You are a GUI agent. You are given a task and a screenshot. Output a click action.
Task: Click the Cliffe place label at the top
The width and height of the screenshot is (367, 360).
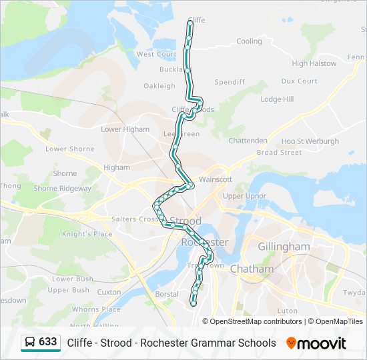(x=196, y=20)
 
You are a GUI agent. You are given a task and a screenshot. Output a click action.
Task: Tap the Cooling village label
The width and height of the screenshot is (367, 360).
(x=249, y=41)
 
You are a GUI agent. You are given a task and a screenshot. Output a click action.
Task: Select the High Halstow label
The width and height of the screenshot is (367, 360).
(x=314, y=64)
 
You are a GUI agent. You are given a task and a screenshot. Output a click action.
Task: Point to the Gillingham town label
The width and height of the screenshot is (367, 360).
(x=284, y=247)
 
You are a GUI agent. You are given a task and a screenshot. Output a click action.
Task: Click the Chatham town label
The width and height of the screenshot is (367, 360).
(x=252, y=269)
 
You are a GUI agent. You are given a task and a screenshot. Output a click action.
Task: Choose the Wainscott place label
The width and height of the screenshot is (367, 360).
(x=215, y=179)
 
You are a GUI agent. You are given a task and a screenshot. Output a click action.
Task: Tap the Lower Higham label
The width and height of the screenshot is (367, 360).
(x=125, y=129)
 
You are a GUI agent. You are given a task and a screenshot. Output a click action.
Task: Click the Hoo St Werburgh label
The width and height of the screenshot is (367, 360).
(x=310, y=141)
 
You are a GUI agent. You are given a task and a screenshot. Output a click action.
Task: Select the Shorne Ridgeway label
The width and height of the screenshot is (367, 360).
(x=62, y=189)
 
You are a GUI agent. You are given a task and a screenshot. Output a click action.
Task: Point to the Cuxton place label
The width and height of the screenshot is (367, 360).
(x=109, y=292)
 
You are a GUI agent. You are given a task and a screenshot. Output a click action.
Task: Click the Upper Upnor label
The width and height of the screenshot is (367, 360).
(x=244, y=197)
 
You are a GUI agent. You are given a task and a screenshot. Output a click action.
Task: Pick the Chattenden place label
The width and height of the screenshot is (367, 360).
(x=248, y=141)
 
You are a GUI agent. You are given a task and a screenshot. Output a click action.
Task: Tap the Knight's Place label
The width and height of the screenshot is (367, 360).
(x=87, y=234)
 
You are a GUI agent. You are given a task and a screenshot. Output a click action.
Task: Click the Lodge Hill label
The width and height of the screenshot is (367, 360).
(x=276, y=99)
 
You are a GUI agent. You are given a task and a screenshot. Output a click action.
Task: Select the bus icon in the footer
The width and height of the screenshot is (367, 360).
(x=30, y=343)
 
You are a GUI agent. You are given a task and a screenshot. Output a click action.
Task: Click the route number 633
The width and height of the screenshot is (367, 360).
(x=48, y=342)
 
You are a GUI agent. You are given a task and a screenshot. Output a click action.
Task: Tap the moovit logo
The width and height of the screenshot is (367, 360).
(x=316, y=343)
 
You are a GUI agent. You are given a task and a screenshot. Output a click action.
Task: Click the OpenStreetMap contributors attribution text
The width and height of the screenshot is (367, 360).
(x=256, y=321)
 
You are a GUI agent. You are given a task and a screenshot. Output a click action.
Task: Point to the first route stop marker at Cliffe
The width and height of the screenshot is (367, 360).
(x=191, y=23)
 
